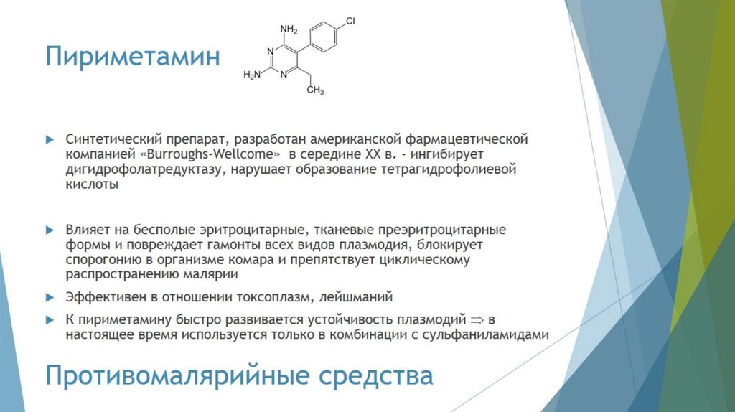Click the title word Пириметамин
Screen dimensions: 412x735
(x=132, y=57)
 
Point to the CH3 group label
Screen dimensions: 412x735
(x=315, y=91)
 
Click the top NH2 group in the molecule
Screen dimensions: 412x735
(x=289, y=29)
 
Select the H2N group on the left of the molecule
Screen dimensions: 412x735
(x=252, y=74)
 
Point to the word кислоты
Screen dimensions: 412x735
(x=91, y=185)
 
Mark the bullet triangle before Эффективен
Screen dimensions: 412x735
(x=50, y=296)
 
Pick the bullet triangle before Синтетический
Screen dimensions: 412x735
(x=50, y=137)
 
